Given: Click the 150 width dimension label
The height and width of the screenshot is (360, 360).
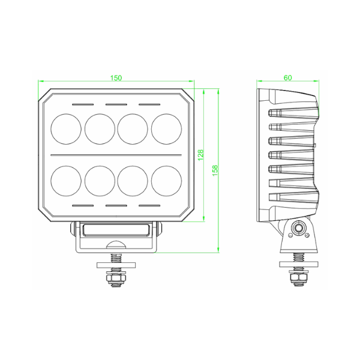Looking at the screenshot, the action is click(116, 78).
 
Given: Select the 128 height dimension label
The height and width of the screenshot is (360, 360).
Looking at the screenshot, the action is click(200, 155).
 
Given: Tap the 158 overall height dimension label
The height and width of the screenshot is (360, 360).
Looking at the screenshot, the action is click(215, 170).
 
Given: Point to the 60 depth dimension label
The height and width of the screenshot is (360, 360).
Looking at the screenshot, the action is click(287, 78).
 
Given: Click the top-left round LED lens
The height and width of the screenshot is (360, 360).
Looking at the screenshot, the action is click(66, 129).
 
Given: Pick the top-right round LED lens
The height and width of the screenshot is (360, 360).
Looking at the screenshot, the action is click(166, 129).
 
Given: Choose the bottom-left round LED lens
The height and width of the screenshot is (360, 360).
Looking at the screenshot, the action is click(66, 181).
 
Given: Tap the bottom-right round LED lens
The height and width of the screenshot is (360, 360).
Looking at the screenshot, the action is click(166, 181).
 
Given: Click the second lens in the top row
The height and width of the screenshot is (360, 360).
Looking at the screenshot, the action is click(100, 129).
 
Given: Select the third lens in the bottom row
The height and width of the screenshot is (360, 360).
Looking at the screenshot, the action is click(133, 181).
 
